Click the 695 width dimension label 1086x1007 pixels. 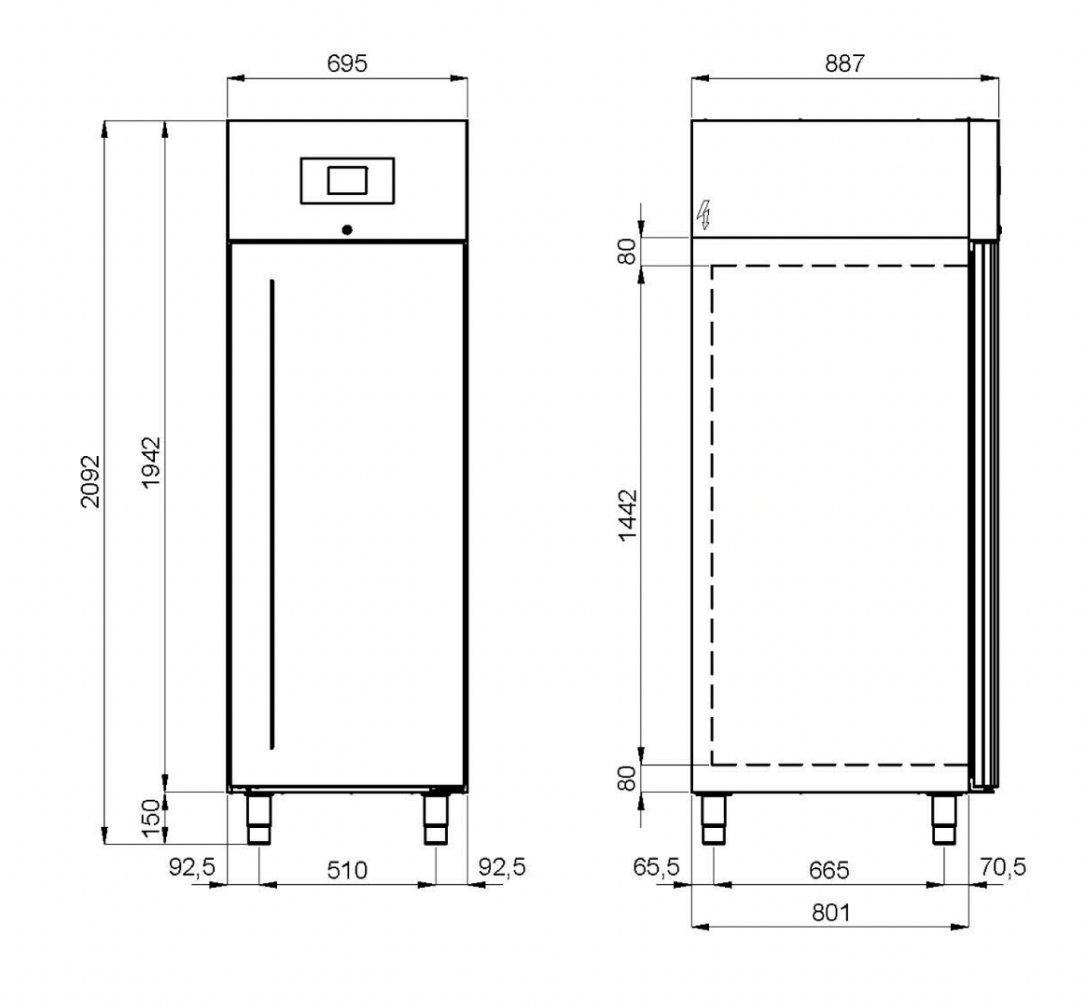[x=347, y=63]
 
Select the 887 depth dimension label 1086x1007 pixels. [x=845, y=63]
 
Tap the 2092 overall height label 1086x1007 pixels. [x=90, y=482]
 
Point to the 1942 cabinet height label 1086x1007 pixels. [x=151, y=462]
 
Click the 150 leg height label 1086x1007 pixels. [x=151, y=819]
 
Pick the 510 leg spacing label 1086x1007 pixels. [x=347, y=870]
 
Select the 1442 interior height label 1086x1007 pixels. [x=628, y=516]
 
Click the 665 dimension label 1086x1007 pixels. [x=829, y=870]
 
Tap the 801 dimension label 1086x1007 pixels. [x=830, y=914]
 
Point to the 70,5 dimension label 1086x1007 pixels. [x=1003, y=866]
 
